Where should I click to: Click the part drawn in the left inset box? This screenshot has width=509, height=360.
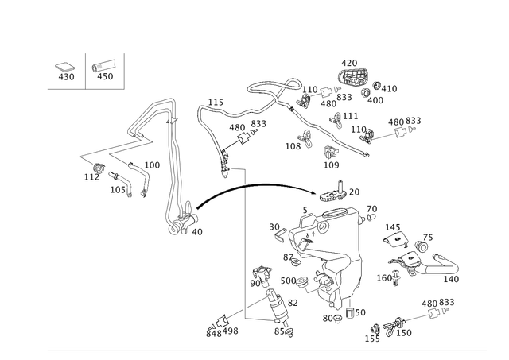tap(64, 71)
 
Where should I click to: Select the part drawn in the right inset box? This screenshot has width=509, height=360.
tap(105, 72)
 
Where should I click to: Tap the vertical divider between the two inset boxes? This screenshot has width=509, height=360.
tap(85, 72)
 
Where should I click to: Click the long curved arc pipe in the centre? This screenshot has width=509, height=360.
tap(262, 185)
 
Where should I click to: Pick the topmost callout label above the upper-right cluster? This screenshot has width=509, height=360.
tap(351, 62)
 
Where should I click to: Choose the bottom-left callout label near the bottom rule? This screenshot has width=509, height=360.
tap(216, 328)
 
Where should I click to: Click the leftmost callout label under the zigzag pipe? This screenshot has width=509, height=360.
tap(89, 175)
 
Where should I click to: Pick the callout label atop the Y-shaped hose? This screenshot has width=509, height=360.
tap(214, 101)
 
